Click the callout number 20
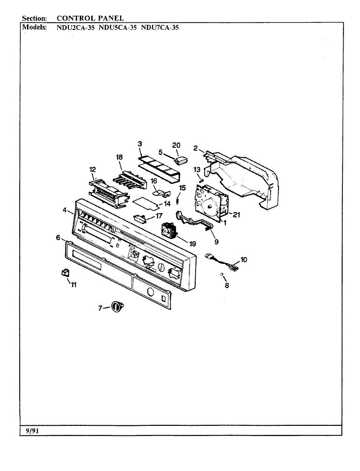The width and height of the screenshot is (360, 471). pyautogui.click(x=176, y=145)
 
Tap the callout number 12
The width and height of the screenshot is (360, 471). pyautogui.click(x=93, y=170)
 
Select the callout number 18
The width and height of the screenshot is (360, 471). pyautogui.click(x=119, y=157)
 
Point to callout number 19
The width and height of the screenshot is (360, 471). pyautogui.click(x=192, y=244)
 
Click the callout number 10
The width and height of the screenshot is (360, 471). pyautogui.click(x=243, y=259)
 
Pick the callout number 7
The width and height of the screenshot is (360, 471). pyautogui.click(x=100, y=309)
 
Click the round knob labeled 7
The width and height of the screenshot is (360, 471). pyautogui.click(x=117, y=307)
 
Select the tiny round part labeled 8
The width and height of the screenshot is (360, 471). pyautogui.click(x=222, y=274)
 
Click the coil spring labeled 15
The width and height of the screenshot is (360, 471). pyautogui.click(x=177, y=201)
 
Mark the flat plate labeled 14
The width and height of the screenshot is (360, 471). pyautogui.click(x=146, y=202)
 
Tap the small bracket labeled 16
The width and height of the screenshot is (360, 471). pyautogui.click(x=160, y=193)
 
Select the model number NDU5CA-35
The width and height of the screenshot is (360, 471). pyautogui.click(x=117, y=28)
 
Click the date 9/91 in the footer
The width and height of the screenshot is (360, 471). pyautogui.click(x=30, y=431)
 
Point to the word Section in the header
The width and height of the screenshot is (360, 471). pyautogui.click(x=35, y=18)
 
